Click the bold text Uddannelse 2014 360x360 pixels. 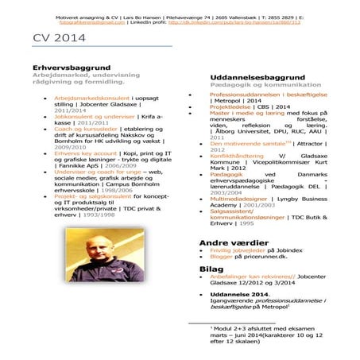pos(238,295)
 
